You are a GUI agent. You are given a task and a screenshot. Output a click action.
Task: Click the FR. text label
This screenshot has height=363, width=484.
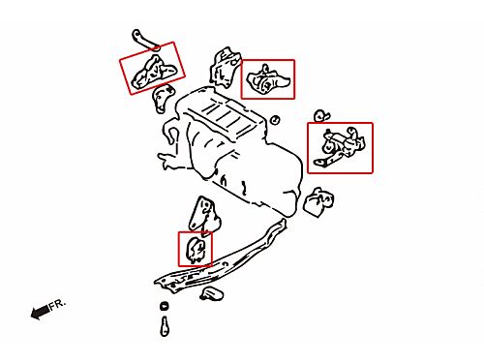(x=57, y=305)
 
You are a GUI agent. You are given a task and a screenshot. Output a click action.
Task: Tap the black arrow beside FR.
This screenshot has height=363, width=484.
(x=40, y=312)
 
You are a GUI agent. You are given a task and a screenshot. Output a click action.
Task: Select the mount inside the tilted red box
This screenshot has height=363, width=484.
(x=154, y=73)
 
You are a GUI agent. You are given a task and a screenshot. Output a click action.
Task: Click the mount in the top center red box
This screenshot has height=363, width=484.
(x=268, y=80)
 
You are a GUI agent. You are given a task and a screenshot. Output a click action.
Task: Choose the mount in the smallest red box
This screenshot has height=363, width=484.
(x=196, y=250)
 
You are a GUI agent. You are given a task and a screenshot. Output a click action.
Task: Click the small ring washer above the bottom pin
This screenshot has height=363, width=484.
(x=165, y=306)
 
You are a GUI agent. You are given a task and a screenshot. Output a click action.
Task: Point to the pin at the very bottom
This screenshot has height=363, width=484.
(x=166, y=326)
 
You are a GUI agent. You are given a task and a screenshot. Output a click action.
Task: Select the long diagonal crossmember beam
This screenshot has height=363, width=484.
(x=221, y=258)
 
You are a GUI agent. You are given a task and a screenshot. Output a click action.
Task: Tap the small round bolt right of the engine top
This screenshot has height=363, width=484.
(x=275, y=120)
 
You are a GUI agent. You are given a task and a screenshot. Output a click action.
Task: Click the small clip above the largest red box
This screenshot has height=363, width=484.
(x=321, y=116)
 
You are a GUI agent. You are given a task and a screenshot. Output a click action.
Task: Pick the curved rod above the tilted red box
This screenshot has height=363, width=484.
(x=145, y=40)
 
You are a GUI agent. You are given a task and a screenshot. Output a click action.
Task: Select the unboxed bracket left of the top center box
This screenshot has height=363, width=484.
(x=225, y=67)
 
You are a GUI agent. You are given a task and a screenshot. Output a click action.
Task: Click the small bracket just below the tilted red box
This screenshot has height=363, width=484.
(x=163, y=99)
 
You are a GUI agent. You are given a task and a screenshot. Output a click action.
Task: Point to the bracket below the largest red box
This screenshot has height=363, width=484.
(x=318, y=201)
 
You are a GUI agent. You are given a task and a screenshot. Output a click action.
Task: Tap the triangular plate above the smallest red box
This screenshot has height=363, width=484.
(x=204, y=215)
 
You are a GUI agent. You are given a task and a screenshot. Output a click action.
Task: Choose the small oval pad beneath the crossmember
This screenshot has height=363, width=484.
(x=211, y=293)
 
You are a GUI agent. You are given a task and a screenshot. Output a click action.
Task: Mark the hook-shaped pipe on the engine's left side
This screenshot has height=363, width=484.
(x=171, y=133)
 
